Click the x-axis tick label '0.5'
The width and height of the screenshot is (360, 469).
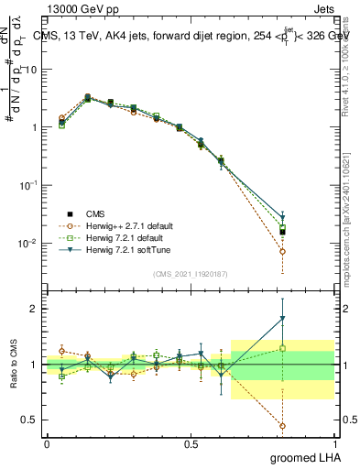pos(191,442)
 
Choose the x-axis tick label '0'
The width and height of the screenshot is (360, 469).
pos(47,442)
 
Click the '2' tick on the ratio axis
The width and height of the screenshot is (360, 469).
pos(35,309)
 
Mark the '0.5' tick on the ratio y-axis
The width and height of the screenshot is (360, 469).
pos(29,420)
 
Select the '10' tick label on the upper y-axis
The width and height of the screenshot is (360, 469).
pos(30,70)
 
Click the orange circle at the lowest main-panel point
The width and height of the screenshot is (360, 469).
pos(282,251)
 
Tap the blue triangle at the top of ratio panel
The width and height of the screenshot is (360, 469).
pos(282,319)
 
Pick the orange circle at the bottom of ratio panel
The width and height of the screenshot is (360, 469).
pos(282,426)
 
